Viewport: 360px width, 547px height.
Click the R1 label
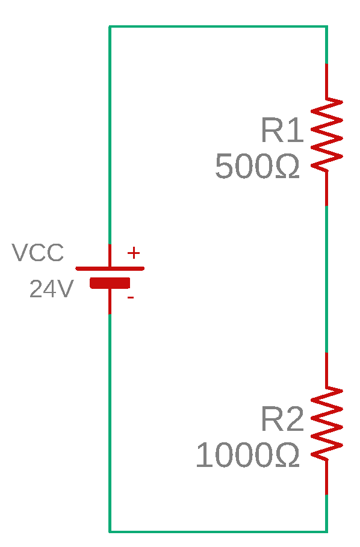point(282,130)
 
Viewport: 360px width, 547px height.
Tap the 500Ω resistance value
point(258,166)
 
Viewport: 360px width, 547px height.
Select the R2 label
point(282,419)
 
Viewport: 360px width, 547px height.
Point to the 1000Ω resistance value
point(247,454)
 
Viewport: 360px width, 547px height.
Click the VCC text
point(38,252)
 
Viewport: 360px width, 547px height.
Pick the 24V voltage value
point(52,289)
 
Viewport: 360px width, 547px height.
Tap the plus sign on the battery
point(134,253)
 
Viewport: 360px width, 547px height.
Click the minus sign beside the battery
point(131,298)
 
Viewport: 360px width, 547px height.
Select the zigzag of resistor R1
point(327,135)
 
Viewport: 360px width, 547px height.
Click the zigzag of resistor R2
point(327,424)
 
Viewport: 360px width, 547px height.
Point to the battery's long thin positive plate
point(110,268)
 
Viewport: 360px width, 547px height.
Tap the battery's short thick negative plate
point(110,283)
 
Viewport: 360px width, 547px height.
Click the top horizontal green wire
point(219,26)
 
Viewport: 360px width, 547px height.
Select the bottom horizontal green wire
point(219,531)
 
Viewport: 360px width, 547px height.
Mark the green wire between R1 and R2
point(326,279)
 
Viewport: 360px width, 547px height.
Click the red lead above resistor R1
point(326,81)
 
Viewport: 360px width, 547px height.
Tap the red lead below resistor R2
point(326,477)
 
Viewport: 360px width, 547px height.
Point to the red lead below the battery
point(110,301)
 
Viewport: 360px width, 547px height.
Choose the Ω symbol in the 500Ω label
point(287,167)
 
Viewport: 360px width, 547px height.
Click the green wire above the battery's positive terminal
point(110,135)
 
